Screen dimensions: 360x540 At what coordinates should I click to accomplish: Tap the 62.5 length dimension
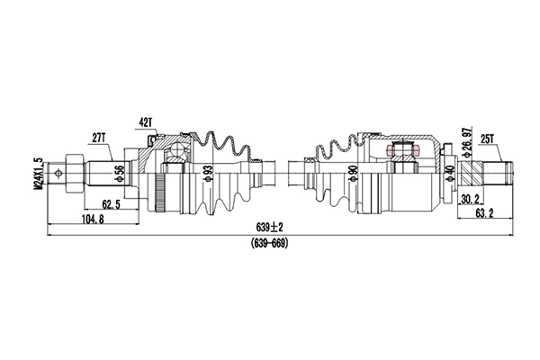[x=112, y=204]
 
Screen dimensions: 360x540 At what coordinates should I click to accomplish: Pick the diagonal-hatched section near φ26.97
[x=472, y=170]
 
